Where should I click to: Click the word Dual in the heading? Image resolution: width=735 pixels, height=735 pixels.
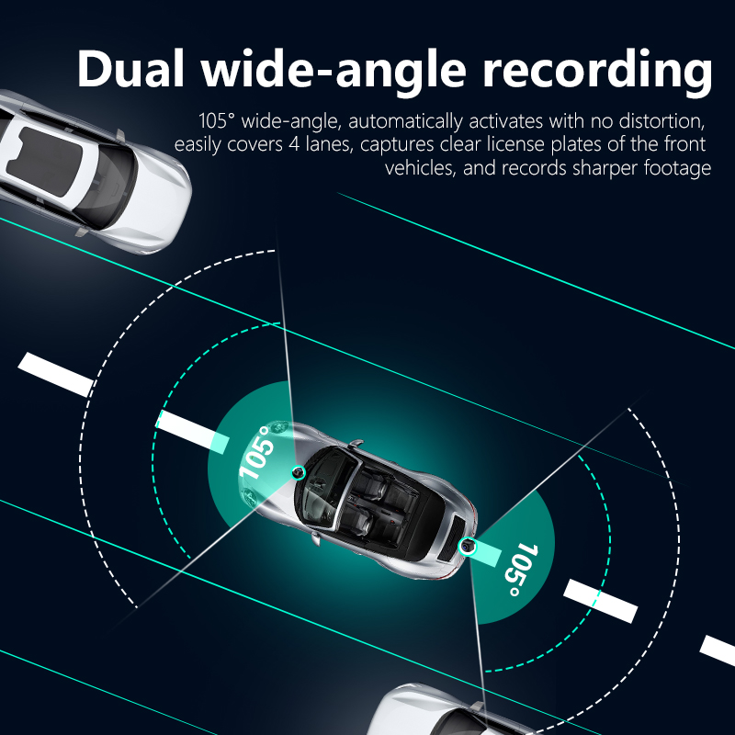(x=130, y=68)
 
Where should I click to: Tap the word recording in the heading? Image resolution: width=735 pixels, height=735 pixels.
(x=598, y=72)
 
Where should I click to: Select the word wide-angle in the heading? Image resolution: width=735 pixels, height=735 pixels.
(x=334, y=72)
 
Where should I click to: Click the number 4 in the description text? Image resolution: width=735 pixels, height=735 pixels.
(x=293, y=144)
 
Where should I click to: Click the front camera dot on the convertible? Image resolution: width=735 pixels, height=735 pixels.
(x=298, y=472)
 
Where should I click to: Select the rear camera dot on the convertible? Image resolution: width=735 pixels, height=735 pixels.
(x=467, y=546)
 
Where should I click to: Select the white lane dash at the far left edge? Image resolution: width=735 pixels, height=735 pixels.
(x=56, y=374)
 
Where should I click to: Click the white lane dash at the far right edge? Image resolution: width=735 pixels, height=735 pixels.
(x=718, y=650)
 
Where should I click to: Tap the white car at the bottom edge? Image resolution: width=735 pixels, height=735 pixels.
(x=450, y=710)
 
